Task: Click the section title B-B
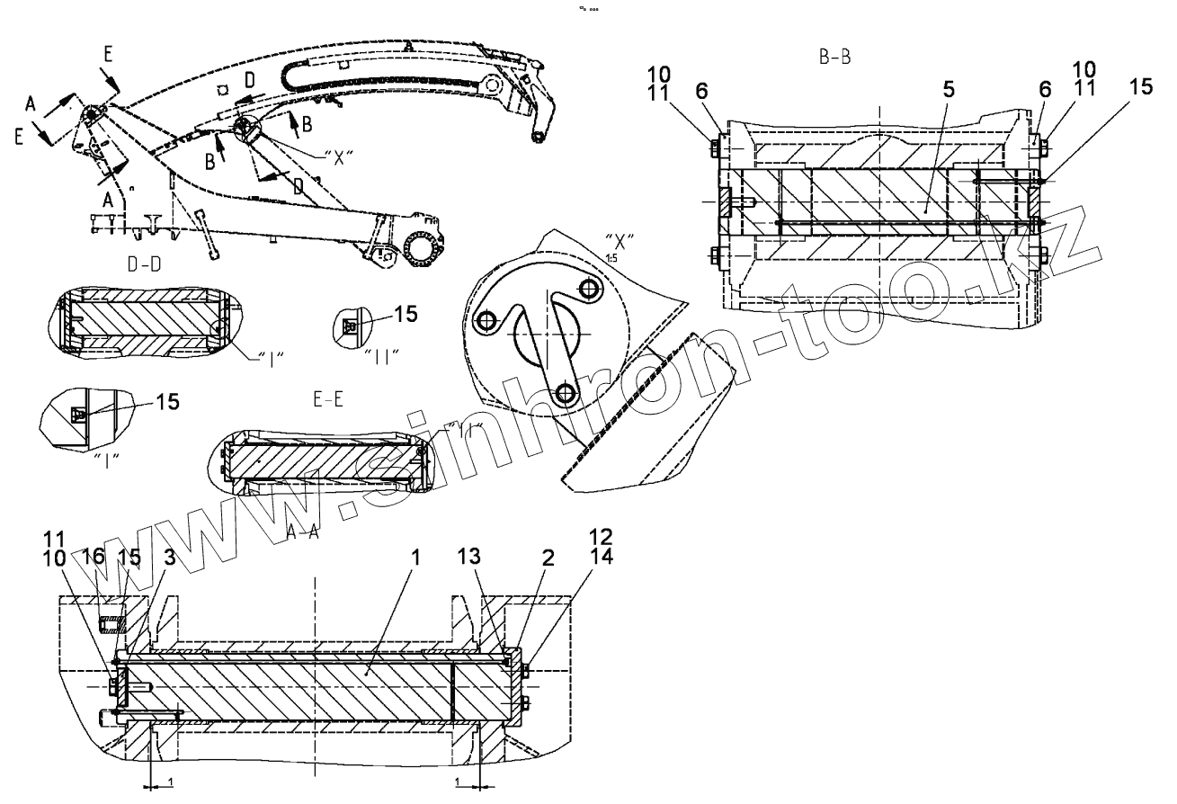coord(835,57)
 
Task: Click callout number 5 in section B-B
coord(924,92)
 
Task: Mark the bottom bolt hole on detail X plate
coord(565,392)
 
